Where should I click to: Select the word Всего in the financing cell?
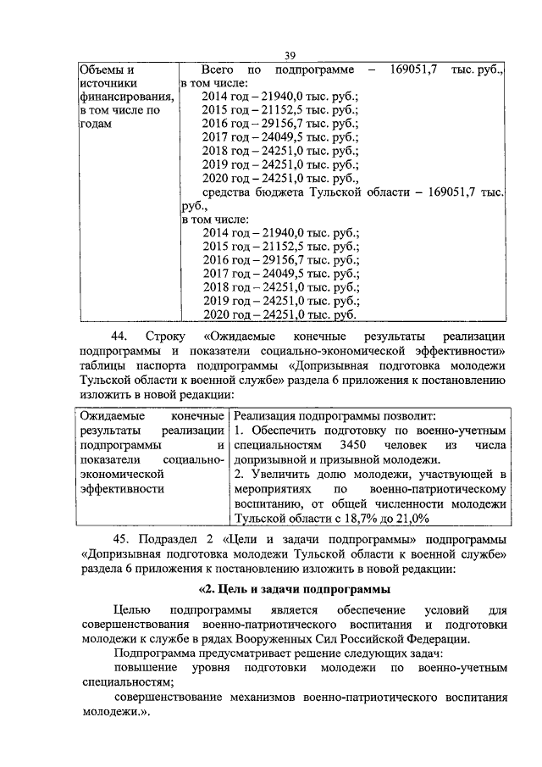coord(220,69)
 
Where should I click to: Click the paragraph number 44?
coord(120,336)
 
